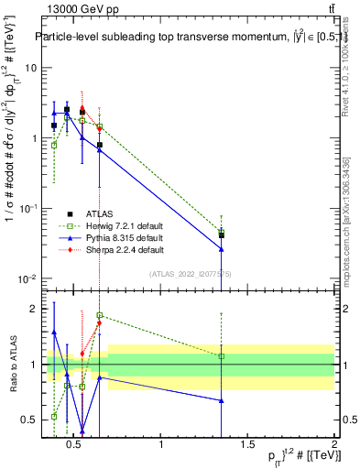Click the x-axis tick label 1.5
247,446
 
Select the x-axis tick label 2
333,446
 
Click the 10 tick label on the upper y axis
28,69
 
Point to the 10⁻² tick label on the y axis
25,278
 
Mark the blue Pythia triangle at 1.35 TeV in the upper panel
222,248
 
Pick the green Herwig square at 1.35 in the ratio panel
222,356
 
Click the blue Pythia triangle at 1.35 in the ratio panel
222,400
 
